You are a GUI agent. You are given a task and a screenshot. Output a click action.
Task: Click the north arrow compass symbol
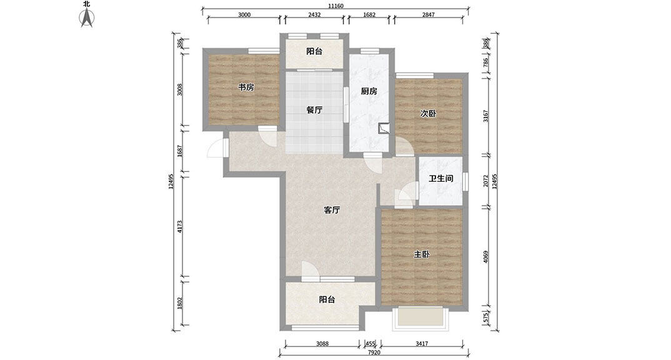pyautogui.click(x=87, y=17)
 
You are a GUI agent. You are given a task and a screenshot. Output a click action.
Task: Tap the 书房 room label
pyautogui.click(x=246, y=87)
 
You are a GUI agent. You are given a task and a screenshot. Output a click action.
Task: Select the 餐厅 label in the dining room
pyautogui.click(x=314, y=110)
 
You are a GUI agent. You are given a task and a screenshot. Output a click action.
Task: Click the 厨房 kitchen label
pyautogui.click(x=369, y=91)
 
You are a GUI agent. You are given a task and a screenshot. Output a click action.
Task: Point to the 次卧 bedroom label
pyautogui.click(x=428, y=113)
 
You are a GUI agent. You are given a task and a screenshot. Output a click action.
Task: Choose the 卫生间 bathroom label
pyautogui.click(x=441, y=178)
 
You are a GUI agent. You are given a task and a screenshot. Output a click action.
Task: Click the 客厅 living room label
pyautogui.click(x=332, y=210)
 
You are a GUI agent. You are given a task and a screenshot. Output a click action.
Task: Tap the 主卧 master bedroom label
pyautogui.click(x=422, y=254)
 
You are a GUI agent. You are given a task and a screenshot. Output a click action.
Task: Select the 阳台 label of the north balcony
pyautogui.click(x=314, y=51)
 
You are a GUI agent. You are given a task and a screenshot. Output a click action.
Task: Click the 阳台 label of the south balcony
pyautogui.click(x=327, y=299)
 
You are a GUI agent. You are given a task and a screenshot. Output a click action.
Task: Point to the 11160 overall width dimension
pyautogui.click(x=336, y=6)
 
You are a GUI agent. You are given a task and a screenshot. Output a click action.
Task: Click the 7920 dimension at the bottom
pyautogui.click(x=374, y=352)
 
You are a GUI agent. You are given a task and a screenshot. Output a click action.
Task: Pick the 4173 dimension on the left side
pyautogui.click(x=180, y=226)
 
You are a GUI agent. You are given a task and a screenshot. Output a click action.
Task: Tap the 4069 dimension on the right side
pyautogui.click(x=485, y=257)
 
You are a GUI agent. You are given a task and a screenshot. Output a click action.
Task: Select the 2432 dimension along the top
pyautogui.click(x=314, y=14)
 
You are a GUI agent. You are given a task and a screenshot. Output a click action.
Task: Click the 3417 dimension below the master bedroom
pyautogui.click(x=422, y=343)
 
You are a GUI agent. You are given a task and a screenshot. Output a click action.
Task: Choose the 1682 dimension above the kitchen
pyautogui.click(x=369, y=14)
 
